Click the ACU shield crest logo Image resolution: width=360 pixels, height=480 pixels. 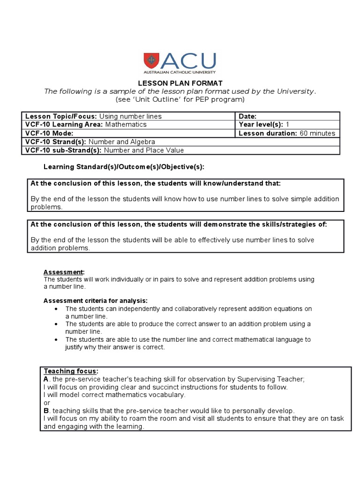tap(152, 60)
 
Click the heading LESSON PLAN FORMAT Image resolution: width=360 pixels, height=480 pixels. tap(180, 83)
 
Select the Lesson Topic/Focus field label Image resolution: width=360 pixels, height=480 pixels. tap(61, 116)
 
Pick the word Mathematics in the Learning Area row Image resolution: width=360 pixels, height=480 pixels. tap(126, 125)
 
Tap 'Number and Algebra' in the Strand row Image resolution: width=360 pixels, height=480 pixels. tap(121, 142)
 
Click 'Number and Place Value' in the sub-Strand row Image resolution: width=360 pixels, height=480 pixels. tap(143, 150)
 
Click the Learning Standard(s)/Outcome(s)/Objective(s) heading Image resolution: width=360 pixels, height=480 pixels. tap(124, 167)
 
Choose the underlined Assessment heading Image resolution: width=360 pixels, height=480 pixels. tap(64, 272)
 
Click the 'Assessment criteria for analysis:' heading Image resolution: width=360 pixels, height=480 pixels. tap(96, 300)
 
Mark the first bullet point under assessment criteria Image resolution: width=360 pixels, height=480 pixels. tap(56, 309)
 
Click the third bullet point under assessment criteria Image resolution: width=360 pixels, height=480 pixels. tap(56, 339)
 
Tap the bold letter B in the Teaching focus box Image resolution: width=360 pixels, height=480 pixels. tap(46, 410)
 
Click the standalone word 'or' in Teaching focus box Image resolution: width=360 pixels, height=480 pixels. tap(46, 403)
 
